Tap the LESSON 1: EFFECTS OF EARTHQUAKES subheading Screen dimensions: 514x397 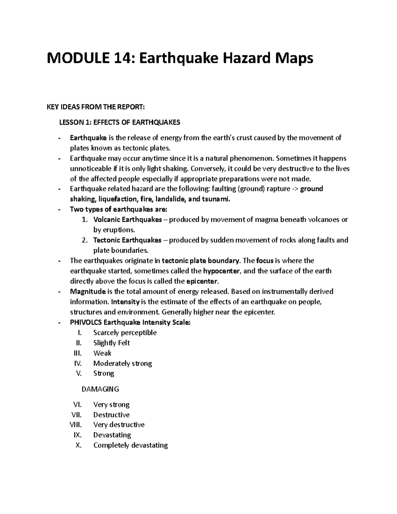(x=119, y=122)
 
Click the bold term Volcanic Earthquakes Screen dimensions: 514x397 (x=128, y=220)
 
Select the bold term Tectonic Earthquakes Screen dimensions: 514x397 (x=127, y=240)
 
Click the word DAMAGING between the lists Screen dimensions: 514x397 (x=100, y=389)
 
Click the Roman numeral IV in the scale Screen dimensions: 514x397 (x=78, y=363)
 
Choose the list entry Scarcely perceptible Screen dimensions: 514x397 (x=125, y=333)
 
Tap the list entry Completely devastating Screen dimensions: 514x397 (x=130, y=445)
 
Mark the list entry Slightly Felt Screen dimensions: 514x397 (x=111, y=343)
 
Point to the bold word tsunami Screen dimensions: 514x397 (x=215, y=200)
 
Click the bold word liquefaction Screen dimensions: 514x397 (x=117, y=200)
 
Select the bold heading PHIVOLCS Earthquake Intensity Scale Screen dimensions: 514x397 (x=130, y=322)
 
